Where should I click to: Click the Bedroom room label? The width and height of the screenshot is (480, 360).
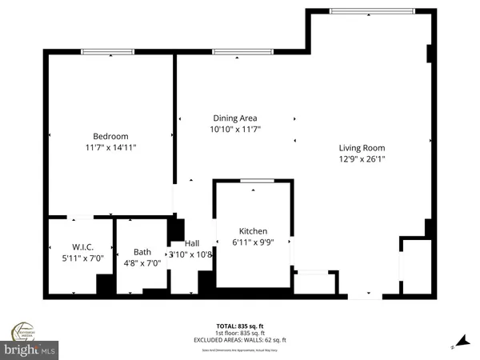[x=110, y=137]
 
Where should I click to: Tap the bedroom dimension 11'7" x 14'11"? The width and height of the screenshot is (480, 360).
[x=110, y=148]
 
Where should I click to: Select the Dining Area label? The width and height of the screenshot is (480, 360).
[x=235, y=118]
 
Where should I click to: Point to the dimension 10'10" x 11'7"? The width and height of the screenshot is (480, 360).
[x=235, y=129]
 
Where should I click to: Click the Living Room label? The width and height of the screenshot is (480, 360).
[x=361, y=148]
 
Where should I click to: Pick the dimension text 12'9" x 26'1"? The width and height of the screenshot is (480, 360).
[x=361, y=159]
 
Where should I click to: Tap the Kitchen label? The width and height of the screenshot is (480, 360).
[x=252, y=231]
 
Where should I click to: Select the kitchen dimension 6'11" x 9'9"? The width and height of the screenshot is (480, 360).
[x=252, y=242]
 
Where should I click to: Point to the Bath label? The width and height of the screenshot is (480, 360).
[x=142, y=250]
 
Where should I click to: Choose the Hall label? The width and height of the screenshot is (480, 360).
[x=192, y=244]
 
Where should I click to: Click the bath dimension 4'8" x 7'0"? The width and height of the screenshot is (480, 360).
[x=142, y=262]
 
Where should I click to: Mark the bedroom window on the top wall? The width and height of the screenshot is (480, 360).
[x=109, y=54]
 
